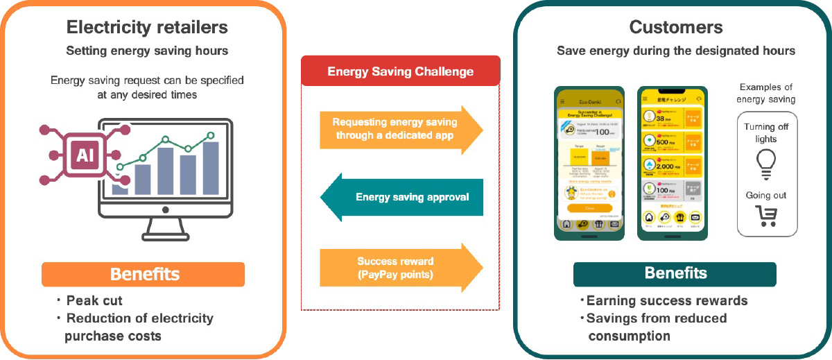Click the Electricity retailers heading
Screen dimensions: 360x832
[x=147, y=28]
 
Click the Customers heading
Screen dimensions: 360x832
[x=676, y=28]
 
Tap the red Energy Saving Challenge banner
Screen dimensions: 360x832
[x=400, y=71]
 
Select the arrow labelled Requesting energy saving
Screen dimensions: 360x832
[x=395, y=128]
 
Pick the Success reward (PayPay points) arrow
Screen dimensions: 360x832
[x=395, y=267]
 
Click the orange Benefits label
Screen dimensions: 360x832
[x=144, y=274]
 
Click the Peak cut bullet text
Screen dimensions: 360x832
[x=95, y=300]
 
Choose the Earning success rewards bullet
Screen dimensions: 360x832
[x=666, y=300]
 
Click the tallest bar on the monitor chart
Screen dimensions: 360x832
[x=211, y=169]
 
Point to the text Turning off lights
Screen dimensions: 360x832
[x=767, y=133]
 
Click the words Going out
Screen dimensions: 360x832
[x=767, y=196]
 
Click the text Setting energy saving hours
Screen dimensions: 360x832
[x=147, y=51]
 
